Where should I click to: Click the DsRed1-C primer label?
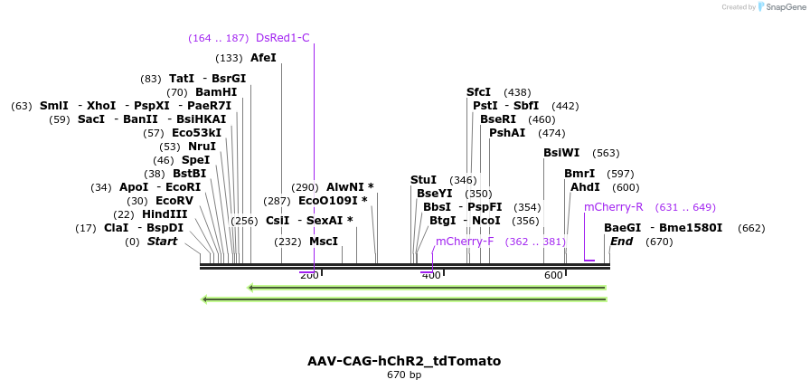[282, 38]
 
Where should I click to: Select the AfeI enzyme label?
[263, 58]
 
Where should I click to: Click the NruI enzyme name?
[202, 147]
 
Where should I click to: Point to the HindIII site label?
[165, 214]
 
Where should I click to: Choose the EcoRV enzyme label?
[174, 201]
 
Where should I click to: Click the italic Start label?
[162, 242]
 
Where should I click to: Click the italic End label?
[621, 242]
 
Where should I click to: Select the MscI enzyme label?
[323, 242]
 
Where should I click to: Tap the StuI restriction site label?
[423, 180]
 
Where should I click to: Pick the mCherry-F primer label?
[465, 242]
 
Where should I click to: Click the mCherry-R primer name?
[613, 207]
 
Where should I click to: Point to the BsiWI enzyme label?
[561, 153]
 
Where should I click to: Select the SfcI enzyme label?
[478, 92]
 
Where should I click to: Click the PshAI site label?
[507, 133]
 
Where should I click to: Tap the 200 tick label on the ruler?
[308, 275]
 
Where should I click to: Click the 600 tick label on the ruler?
[553, 275]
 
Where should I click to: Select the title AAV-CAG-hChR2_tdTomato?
[404, 361]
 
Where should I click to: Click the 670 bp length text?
[404, 375]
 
